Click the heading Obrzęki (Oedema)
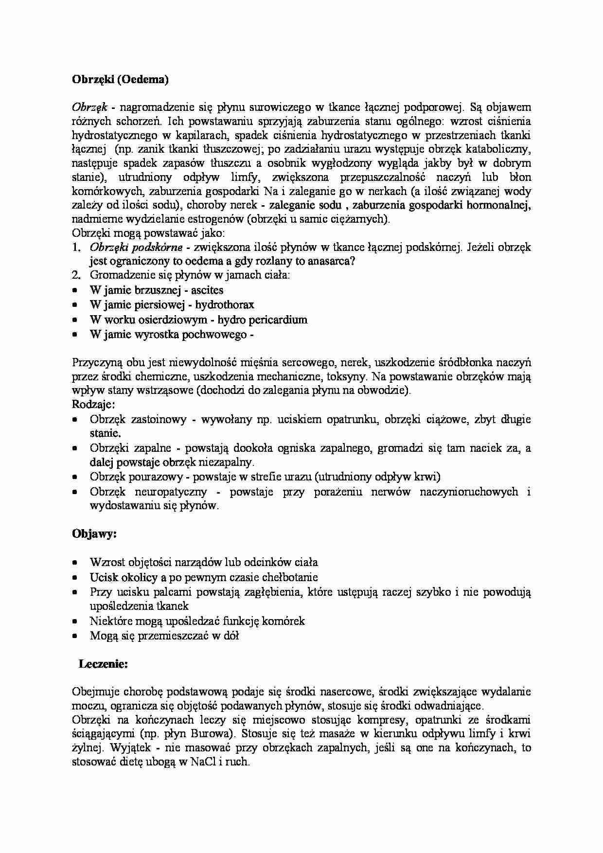(x=120, y=80)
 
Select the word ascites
(x=207, y=290)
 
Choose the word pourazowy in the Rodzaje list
(x=156, y=477)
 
